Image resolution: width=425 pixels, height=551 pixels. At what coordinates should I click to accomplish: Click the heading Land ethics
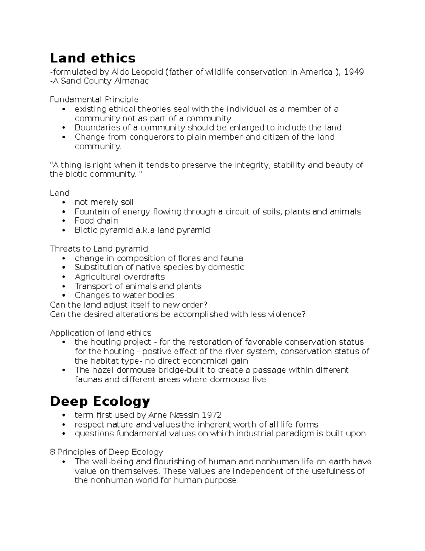pyautogui.click(x=92, y=58)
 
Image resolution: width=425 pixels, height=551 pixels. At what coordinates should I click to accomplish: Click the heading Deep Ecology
pyautogui.click(x=100, y=401)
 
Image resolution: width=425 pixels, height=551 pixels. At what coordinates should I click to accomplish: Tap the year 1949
pyautogui.click(x=354, y=72)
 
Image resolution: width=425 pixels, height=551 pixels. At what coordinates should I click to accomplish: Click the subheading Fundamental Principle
pyautogui.click(x=94, y=99)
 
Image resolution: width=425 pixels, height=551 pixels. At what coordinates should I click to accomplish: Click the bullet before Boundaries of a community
pyautogui.click(x=64, y=128)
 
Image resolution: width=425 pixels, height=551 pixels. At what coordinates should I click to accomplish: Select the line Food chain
pyautogui.click(x=96, y=221)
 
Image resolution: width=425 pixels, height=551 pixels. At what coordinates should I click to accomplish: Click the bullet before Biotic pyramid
pyautogui.click(x=64, y=230)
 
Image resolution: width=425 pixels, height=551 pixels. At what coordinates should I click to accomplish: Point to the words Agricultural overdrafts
pyautogui.click(x=120, y=277)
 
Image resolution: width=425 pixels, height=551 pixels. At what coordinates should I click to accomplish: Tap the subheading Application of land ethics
pyautogui.click(x=101, y=333)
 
